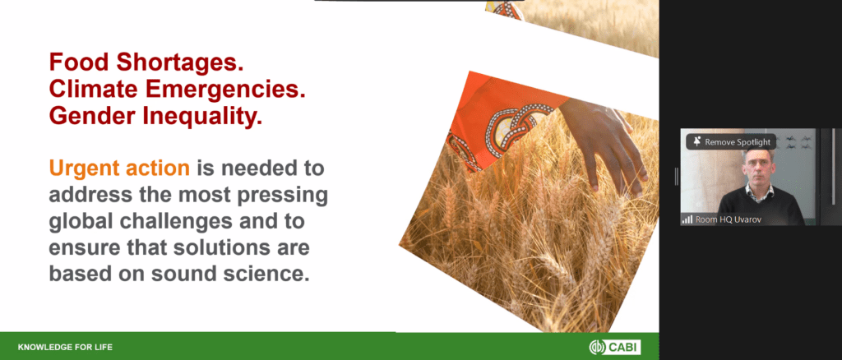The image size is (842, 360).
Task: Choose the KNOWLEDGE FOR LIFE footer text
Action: tap(65, 347)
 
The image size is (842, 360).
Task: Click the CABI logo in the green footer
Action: tap(615, 347)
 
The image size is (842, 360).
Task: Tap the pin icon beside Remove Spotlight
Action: tap(697, 141)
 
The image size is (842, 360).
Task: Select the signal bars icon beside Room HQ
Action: tap(687, 219)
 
